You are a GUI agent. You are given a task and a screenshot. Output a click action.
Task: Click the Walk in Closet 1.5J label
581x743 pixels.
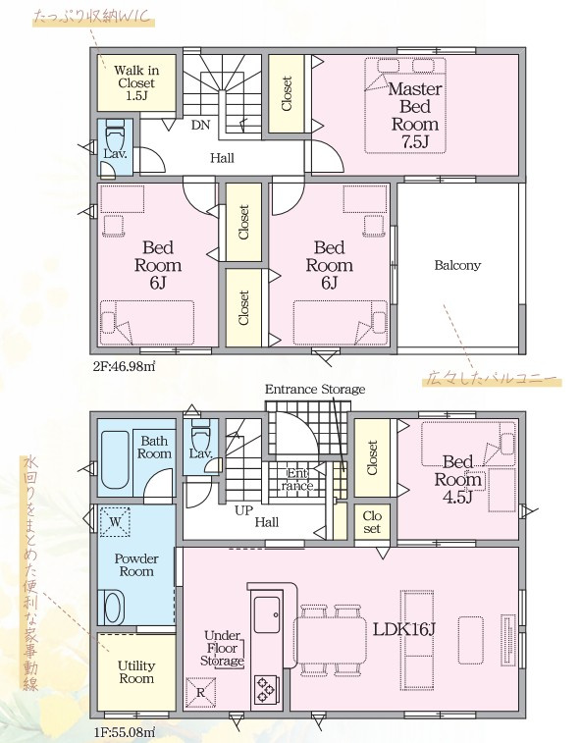click(136, 82)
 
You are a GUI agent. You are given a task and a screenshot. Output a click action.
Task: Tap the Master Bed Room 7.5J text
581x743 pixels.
click(415, 116)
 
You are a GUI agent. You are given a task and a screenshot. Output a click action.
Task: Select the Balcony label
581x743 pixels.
click(457, 265)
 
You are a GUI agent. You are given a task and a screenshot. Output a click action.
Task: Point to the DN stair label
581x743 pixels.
click(200, 125)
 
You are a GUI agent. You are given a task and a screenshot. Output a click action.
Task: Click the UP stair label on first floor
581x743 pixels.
click(243, 510)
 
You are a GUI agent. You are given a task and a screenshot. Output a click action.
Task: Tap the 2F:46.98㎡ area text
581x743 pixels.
click(125, 366)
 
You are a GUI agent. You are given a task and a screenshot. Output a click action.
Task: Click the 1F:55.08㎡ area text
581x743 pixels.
click(125, 731)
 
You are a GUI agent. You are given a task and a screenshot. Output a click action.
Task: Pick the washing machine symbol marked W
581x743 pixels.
click(115, 522)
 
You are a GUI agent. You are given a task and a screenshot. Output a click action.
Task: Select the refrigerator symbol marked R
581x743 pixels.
click(200, 693)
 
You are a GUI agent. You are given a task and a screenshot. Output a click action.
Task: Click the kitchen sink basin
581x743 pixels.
click(267, 614)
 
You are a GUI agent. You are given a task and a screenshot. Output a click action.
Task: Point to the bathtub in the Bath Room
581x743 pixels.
click(115, 460)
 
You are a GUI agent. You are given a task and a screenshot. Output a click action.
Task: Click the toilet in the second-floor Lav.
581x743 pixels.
click(115, 136)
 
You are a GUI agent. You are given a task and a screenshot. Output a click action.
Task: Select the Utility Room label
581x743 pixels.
click(136, 672)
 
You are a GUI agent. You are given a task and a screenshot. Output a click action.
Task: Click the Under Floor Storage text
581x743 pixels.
click(222, 648)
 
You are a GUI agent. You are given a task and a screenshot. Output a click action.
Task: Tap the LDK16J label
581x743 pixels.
click(404, 629)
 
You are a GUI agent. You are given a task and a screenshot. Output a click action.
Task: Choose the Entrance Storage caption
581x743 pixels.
click(315, 389)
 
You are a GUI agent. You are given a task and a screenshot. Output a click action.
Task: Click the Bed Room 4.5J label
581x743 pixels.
click(457, 479)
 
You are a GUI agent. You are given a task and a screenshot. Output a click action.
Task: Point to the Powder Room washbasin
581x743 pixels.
click(114, 608)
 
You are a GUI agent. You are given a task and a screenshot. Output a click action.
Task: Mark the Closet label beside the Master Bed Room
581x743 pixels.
click(287, 94)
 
